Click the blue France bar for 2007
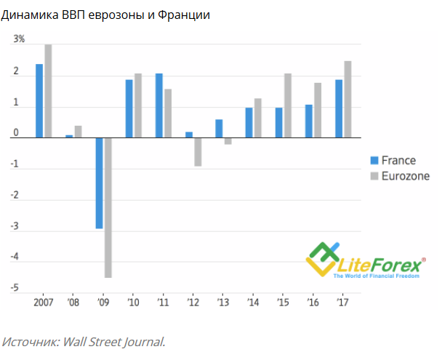click(39, 100)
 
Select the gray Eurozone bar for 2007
click(48, 91)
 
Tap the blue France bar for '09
click(99, 183)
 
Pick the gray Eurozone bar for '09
click(108, 207)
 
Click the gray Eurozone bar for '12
click(198, 152)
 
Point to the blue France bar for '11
click(158, 105)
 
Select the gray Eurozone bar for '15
click(287, 105)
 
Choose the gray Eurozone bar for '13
click(228, 141)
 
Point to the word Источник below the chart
click(31, 340)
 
